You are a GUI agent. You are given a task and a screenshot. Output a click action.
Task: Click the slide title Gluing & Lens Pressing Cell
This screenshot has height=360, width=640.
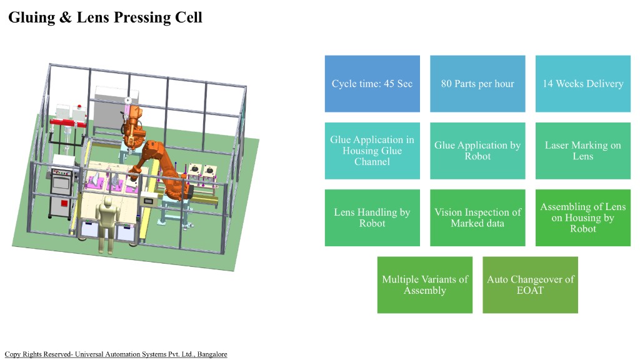click(x=105, y=17)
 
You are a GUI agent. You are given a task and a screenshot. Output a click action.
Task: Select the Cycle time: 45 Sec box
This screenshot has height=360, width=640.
click(x=372, y=84)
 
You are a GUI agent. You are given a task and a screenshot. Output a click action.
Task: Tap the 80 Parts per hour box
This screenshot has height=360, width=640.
click(x=477, y=84)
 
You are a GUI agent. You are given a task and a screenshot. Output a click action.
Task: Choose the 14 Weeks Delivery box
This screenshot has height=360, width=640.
click(x=582, y=84)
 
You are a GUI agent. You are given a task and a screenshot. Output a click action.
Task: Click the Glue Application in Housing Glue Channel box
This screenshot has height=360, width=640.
click(x=372, y=151)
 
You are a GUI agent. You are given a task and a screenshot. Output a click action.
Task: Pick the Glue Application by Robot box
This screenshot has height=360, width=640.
click(x=477, y=151)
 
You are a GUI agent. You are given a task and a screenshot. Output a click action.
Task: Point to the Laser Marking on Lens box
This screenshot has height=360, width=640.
click(x=582, y=151)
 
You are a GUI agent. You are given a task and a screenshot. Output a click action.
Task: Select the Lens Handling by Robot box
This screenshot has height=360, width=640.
click(x=372, y=217)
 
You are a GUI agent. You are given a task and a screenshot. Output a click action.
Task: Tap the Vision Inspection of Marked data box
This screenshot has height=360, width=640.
click(x=477, y=217)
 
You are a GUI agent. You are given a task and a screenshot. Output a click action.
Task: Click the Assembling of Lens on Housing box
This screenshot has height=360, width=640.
click(x=582, y=217)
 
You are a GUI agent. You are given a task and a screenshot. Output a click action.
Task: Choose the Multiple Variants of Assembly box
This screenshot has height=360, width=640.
click(x=425, y=284)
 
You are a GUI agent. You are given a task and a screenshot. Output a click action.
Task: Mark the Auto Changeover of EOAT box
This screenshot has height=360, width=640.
click(x=530, y=284)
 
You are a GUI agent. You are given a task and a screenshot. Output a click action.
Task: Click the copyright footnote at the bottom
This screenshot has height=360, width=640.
click(x=116, y=354)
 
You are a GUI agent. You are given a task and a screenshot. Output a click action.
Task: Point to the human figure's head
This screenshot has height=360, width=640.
click(x=107, y=203)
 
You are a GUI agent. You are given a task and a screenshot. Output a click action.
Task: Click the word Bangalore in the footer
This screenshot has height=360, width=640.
click(x=212, y=354)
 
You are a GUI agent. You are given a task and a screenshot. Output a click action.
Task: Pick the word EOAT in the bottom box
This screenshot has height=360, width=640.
click(x=530, y=290)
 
